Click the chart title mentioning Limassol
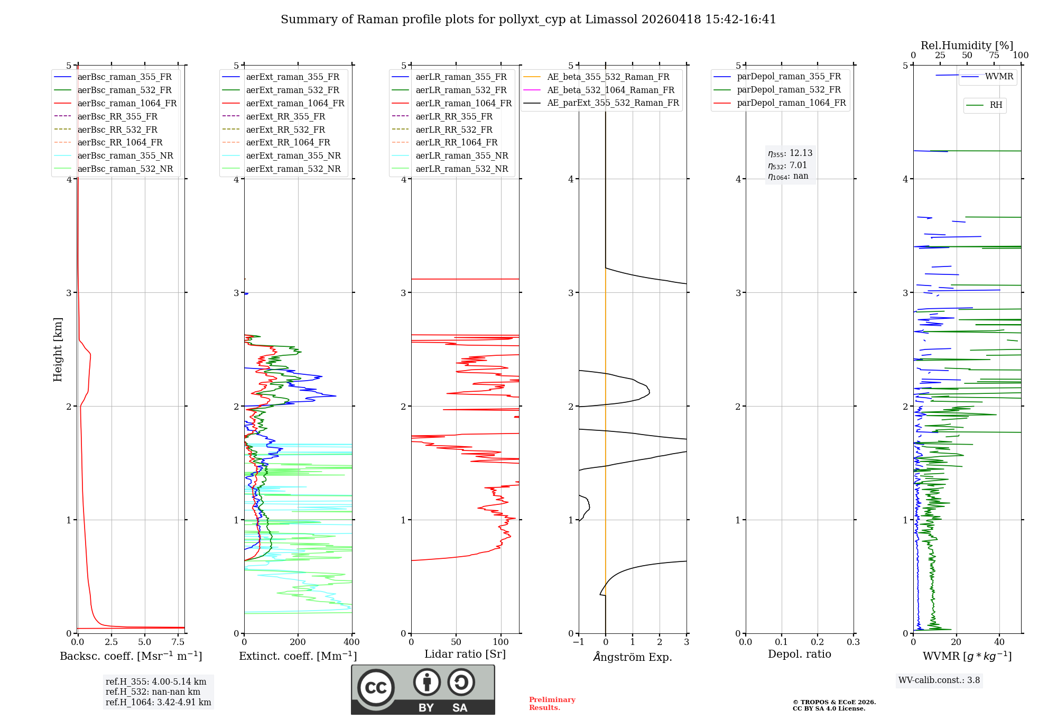coord(528,20)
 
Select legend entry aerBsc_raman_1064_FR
coord(127,103)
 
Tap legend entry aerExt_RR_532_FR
coord(285,130)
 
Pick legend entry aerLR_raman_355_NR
coord(461,155)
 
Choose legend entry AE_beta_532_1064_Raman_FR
coord(610,90)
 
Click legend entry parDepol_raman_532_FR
coord(789,90)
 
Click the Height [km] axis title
coord(58,349)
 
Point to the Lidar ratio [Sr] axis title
coord(465,654)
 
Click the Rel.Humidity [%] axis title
coord(967,45)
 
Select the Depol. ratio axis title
coord(799,654)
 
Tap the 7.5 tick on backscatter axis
coord(178,642)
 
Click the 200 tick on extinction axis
coord(298,642)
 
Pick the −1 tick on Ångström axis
coord(579,642)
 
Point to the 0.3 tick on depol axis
coord(853,642)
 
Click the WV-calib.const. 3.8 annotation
coord(939,680)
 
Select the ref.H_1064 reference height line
coord(158,703)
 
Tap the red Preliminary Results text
coord(552,704)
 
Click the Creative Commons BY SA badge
coord(423,689)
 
